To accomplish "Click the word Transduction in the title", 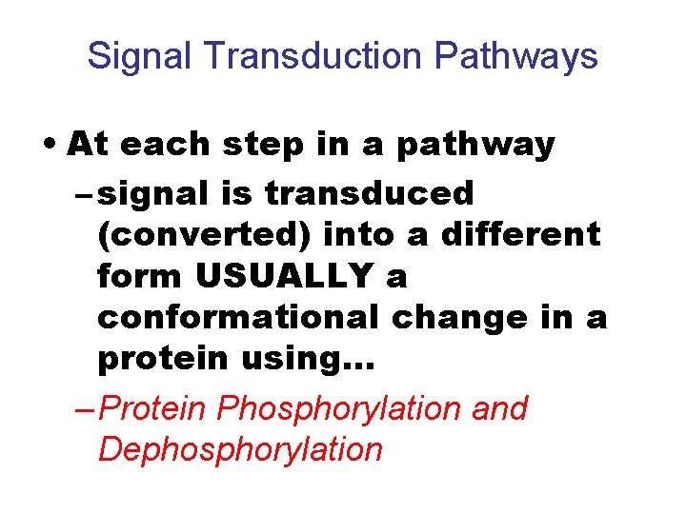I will pyautogui.click(x=313, y=57).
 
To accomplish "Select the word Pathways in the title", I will pyautogui.click(x=515, y=57).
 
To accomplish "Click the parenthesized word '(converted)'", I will pyautogui.click(x=204, y=236).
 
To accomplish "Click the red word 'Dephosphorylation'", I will pyautogui.click(x=240, y=450).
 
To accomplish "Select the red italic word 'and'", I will pyautogui.click(x=498, y=408).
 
